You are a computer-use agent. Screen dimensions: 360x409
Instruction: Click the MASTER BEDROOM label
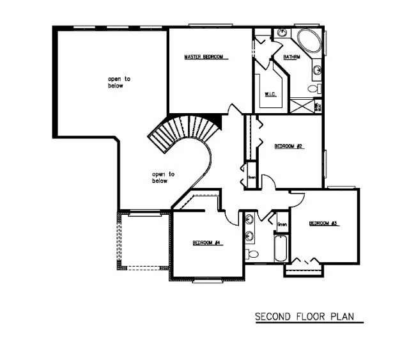pyautogui.click(x=204, y=57)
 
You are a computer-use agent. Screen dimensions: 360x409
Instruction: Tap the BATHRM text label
pyautogui.click(x=292, y=57)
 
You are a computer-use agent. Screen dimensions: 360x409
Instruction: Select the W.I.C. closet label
pyautogui.click(x=270, y=95)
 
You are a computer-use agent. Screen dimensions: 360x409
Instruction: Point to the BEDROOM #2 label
pyautogui.click(x=288, y=146)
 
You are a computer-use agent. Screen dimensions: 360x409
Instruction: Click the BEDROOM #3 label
pyautogui.click(x=323, y=223)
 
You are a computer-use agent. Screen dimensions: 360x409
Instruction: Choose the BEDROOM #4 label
pyautogui.click(x=206, y=243)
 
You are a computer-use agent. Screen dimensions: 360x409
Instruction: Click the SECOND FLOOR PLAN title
pyautogui.click(x=304, y=317)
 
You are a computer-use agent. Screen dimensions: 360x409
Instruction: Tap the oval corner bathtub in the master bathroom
pyautogui.click(x=311, y=43)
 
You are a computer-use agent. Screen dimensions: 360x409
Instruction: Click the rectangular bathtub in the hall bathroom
pyautogui.click(x=281, y=249)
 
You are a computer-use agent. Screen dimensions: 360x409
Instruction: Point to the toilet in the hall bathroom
pyautogui.click(x=252, y=254)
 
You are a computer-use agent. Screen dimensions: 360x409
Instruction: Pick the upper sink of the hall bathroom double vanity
pyautogui.click(x=249, y=221)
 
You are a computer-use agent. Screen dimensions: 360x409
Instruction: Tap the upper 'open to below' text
pyautogui.click(x=119, y=82)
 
